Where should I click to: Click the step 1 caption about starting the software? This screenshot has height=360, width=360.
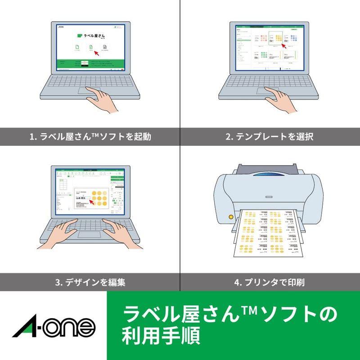pyautogui.click(x=90, y=136)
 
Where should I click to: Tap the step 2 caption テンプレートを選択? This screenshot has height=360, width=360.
pyautogui.click(x=270, y=136)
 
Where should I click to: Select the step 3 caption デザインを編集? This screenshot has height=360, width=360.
pyautogui.click(x=90, y=283)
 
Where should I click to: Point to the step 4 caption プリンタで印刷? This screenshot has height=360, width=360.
pyautogui.click(x=270, y=283)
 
